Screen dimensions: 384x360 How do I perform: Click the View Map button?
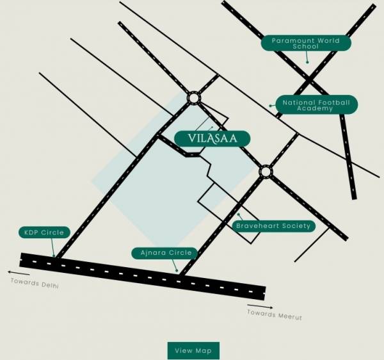tap(193, 350)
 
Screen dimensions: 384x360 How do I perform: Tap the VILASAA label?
tap(211, 138)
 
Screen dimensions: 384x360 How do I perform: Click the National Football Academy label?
tap(316, 105)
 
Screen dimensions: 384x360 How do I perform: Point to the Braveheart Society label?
tap(273, 225)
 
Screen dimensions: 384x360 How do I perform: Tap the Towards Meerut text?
tap(275, 314)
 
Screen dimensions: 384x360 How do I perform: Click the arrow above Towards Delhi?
tap(19, 272)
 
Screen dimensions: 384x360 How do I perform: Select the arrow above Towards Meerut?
tap(262, 306)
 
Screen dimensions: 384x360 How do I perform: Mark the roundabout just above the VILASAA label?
tap(194, 97)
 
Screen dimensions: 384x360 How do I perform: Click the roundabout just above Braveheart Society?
tap(266, 171)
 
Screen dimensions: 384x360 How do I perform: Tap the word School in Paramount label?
tap(306, 47)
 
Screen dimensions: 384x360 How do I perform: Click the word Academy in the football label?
tap(316, 109)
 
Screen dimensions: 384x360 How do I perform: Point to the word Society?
tap(294, 225)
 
